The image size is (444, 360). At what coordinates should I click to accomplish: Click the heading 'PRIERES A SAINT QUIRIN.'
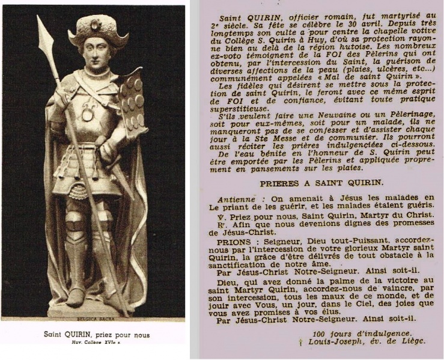[317, 182]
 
